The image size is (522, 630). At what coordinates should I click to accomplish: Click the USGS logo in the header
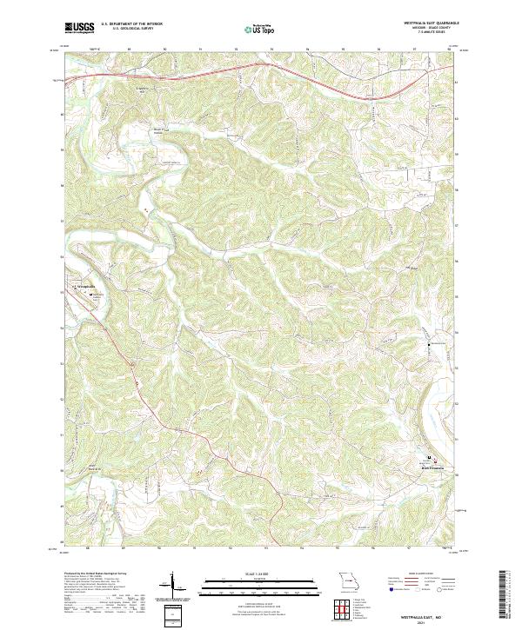point(80,28)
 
